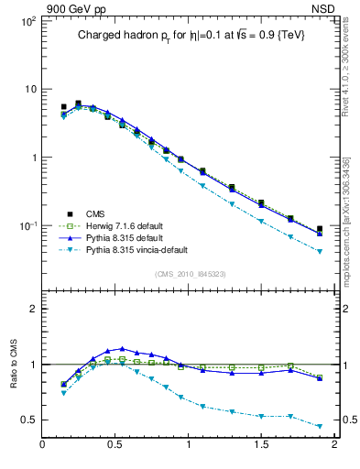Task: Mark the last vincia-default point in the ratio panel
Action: click(x=320, y=426)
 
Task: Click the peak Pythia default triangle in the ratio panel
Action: click(x=122, y=348)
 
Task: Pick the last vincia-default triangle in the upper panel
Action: click(x=320, y=251)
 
